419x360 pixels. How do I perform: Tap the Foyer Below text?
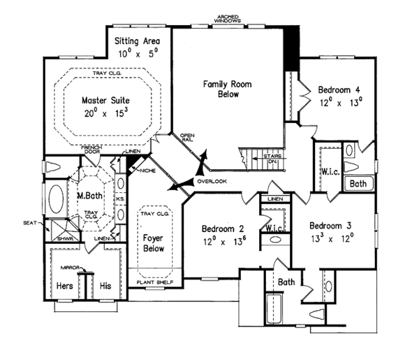coord(153,242)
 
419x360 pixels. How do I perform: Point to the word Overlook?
coord(212,181)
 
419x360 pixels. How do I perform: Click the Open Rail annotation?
coord(187,138)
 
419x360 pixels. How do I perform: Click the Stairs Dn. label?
coord(272,158)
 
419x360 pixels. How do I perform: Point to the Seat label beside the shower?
coord(30,223)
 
